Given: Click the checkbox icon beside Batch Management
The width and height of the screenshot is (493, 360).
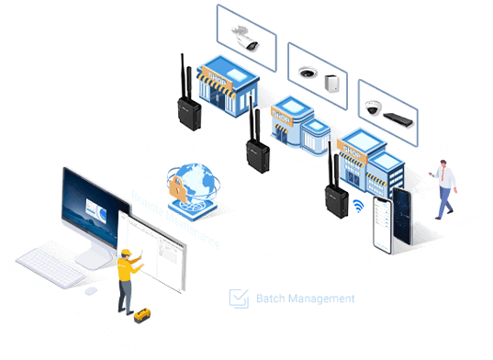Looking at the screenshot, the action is coord(238,298).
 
